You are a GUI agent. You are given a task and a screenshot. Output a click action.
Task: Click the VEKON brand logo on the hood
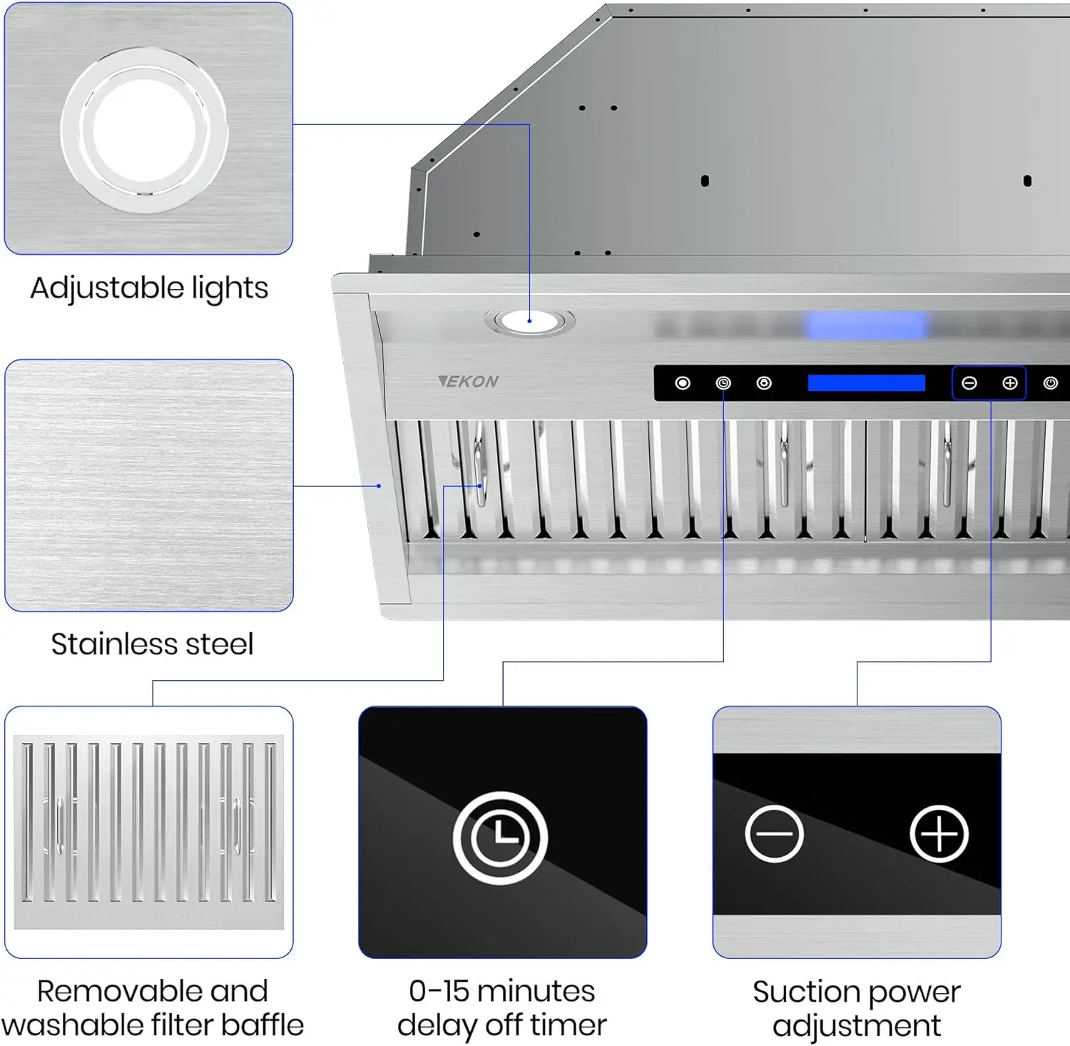pos(469,382)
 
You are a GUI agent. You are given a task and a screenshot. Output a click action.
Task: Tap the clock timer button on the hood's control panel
pos(723,383)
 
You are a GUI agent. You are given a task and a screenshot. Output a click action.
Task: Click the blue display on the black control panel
pos(866,383)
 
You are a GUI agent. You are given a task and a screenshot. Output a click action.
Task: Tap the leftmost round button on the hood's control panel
pos(683,383)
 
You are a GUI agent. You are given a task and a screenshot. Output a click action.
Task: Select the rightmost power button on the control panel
pos(1050,383)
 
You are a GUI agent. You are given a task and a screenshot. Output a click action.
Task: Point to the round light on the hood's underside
pos(529,321)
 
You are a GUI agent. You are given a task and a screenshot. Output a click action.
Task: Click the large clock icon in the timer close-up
pos(501,838)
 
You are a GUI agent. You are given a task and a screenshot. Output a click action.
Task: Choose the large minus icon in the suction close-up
pos(774,834)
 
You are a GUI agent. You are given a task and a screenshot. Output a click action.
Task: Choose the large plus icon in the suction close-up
pos(939,834)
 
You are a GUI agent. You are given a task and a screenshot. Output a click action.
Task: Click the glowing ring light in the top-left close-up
pos(145,131)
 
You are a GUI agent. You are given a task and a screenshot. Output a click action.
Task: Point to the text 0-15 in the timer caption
pos(438,991)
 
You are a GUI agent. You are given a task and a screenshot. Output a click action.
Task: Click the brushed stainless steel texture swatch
pos(148,485)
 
